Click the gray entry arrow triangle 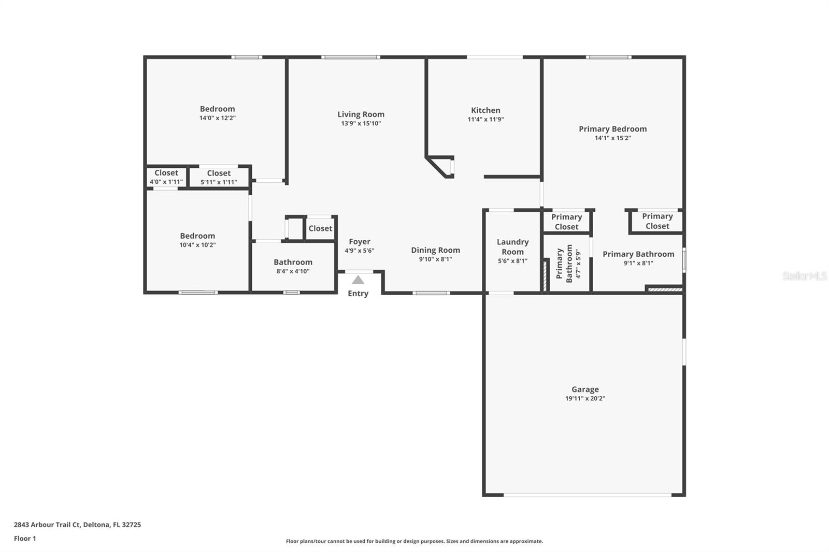click(x=358, y=280)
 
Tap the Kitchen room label click(x=485, y=110)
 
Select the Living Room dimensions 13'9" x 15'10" click(x=361, y=123)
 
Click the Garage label click(x=585, y=389)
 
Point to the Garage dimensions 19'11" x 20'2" click(x=585, y=398)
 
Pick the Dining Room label click(x=435, y=250)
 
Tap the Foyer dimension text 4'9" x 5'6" click(x=360, y=251)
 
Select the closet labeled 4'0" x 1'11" click(x=166, y=177)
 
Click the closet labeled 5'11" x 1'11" click(x=219, y=178)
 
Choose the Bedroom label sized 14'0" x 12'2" click(x=217, y=109)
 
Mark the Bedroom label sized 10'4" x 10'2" click(x=197, y=236)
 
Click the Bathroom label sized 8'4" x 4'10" click(x=293, y=262)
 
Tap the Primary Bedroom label click(x=612, y=129)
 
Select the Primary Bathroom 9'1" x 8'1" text click(x=638, y=263)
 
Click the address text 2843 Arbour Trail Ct click(x=77, y=525)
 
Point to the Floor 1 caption click(x=25, y=539)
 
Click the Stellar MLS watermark click(x=804, y=276)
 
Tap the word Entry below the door click(x=358, y=294)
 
